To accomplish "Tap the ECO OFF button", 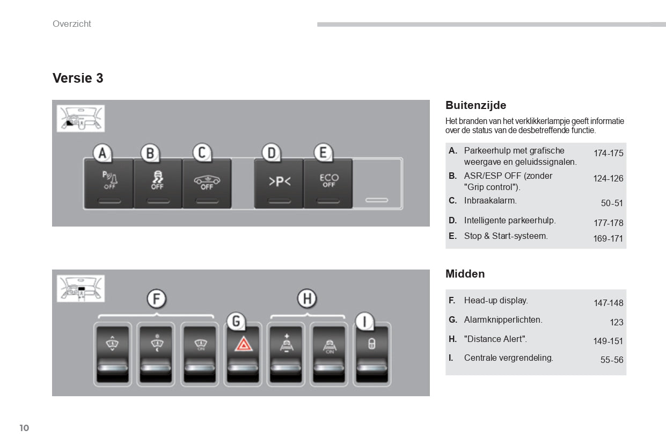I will click(328, 183).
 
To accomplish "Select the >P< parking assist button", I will click(279, 183).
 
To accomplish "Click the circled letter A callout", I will click(102, 154).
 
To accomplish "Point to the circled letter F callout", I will click(156, 299).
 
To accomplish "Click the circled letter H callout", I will click(306, 299).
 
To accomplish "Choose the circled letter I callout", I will click(365, 322).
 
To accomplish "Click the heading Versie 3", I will click(78, 78).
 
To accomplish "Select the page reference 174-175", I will click(608, 154).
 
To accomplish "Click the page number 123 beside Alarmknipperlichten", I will click(616, 322).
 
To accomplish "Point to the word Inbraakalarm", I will click(490, 201).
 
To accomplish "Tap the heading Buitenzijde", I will click(475, 105).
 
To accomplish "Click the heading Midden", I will click(465, 274).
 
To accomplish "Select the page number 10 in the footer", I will click(24, 428).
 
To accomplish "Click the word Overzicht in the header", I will click(72, 24).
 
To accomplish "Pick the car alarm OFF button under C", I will click(207, 183).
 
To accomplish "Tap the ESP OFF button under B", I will click(157, 183).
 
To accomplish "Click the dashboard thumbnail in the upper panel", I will click(80, 119).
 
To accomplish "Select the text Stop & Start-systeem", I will click(506, 236).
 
